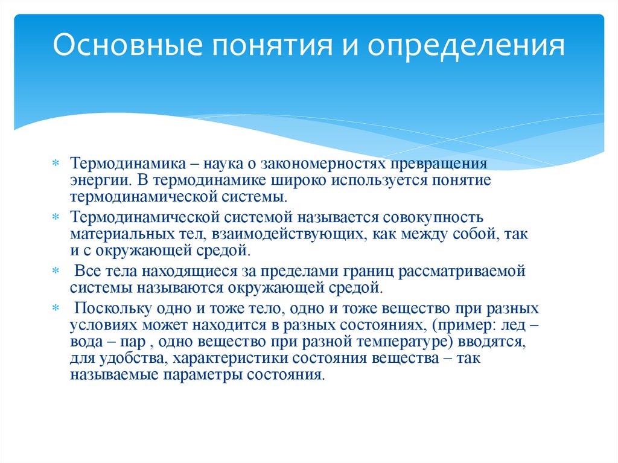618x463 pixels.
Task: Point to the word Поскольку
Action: click(109, 308)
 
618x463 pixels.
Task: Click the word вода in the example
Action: click(84, 342)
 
